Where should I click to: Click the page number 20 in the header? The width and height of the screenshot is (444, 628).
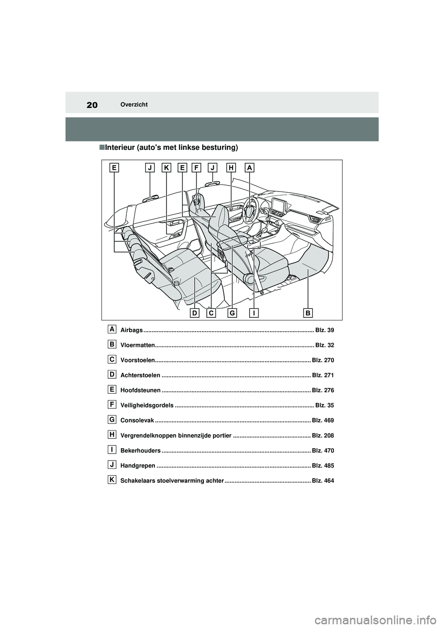click(x=92, y=105)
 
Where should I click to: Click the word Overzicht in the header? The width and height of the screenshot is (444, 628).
click(x=134, y=105)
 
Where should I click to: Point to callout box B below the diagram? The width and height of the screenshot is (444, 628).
click(x=308, y=313)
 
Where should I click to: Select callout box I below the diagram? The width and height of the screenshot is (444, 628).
click(x=254, y=313)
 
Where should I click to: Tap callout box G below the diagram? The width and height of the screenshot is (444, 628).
click(x=232, y=313)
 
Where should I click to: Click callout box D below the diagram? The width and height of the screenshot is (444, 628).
click(x=195, y=313)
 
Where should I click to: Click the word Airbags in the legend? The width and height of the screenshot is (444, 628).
click(x=131, y=330)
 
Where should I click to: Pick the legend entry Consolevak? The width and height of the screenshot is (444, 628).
click(x=137, y=420)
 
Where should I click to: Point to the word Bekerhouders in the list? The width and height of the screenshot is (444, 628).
click(x=140, y=450)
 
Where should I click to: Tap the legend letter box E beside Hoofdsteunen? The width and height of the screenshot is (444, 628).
click(x=112, y=389)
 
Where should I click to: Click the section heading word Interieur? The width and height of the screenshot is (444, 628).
click(x=120, y=148)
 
